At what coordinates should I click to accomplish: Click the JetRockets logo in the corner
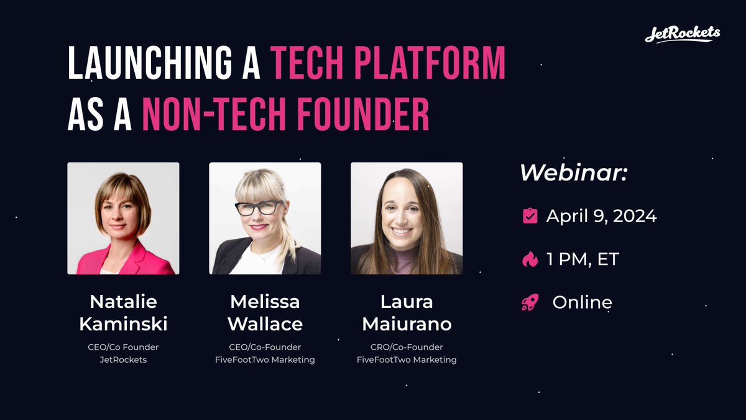(682, 34)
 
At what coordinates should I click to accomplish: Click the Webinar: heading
(573, 174)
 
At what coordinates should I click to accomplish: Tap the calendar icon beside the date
(530, 216)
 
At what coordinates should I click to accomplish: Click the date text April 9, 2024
(601, 216)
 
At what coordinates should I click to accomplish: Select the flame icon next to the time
(530, 259)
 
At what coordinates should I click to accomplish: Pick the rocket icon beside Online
(530, 303)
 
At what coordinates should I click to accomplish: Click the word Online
(582, 303)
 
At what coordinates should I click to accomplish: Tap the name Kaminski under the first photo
(123, 324)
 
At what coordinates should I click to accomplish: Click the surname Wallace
(265, 324)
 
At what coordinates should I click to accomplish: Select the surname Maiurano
(407, 324)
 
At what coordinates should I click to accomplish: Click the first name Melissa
(265, 302)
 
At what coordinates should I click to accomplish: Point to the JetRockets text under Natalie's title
(123, 360)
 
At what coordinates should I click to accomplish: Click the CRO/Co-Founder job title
(407, 347)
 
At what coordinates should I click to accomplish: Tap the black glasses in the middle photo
(259, 208)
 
